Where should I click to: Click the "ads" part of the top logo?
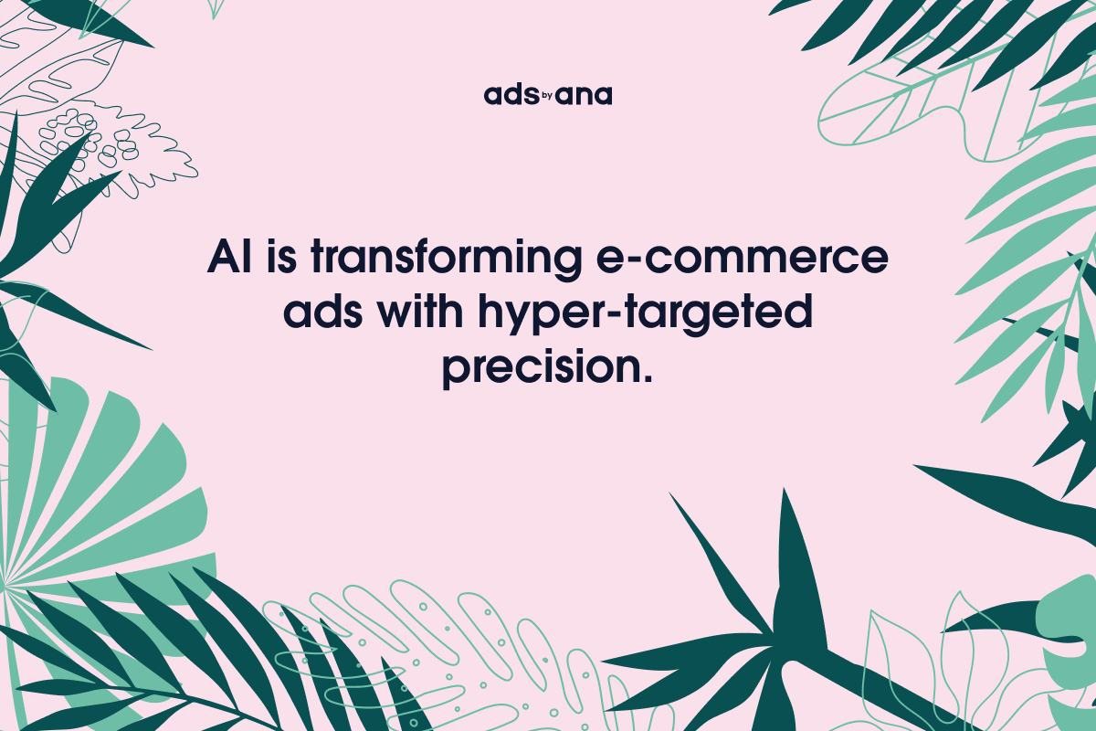pyautogui.click(x=508, y=95)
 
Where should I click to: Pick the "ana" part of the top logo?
pyautogui.click(x=584, y=95)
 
